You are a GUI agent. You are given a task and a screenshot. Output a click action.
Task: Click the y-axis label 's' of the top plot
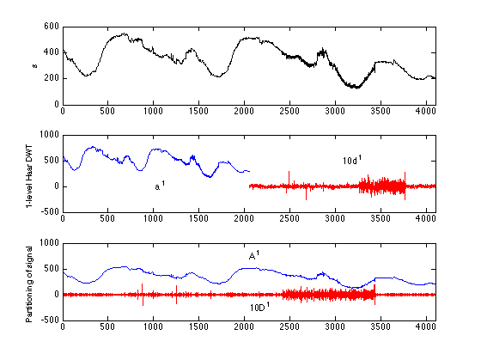pos(34,65)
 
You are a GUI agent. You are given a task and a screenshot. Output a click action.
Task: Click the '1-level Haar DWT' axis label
pos(29,174)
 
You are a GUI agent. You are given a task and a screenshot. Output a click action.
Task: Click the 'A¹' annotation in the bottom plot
pos(254,255)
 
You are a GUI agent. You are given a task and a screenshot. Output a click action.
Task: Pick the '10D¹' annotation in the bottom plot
pos(260,306)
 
